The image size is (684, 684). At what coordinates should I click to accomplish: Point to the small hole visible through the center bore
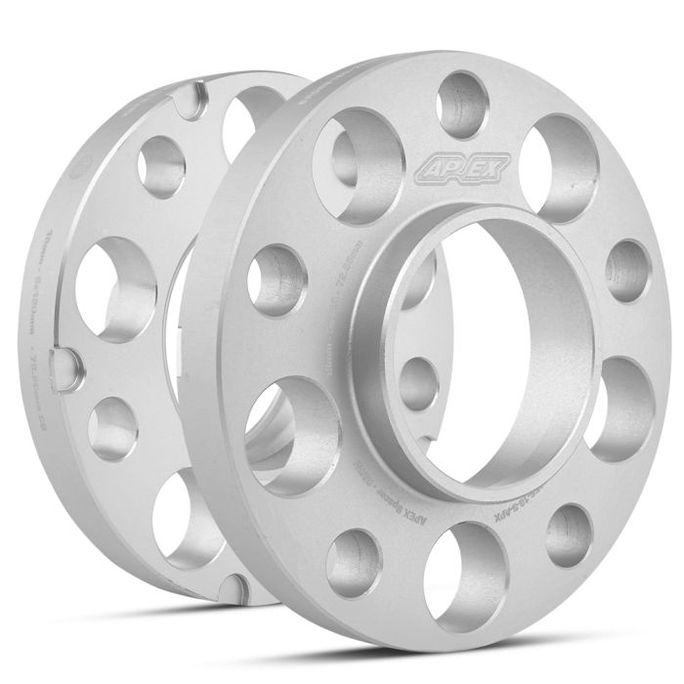pos(418,382)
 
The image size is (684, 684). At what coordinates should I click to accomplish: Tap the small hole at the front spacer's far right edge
pos(627,271)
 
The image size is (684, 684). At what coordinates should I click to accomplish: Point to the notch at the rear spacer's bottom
pos(232,587)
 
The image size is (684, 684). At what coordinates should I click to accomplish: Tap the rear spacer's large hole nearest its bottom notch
pos(181,518)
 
